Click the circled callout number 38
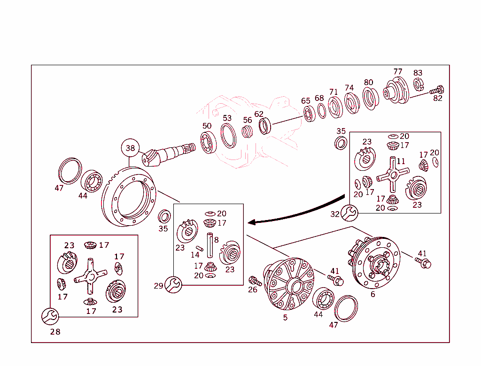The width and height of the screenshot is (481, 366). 130,148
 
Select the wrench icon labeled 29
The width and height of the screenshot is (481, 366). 173,284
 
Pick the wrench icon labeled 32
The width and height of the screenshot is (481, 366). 349,213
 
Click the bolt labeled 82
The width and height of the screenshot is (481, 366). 438,89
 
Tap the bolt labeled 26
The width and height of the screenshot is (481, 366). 256,281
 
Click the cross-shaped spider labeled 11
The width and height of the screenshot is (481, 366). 393,175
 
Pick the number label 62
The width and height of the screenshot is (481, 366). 259,114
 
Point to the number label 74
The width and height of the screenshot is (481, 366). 349,88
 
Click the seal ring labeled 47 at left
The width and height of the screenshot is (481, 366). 70,170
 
